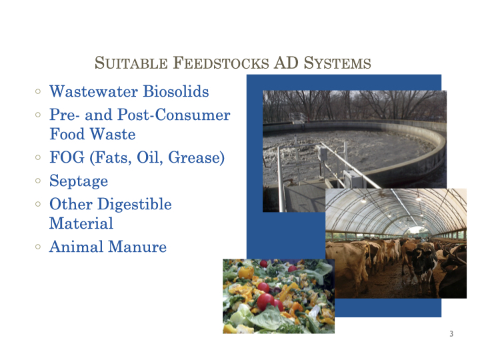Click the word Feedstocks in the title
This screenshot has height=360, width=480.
[x=221, y=63]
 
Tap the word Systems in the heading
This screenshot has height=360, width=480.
[x=337, y=63]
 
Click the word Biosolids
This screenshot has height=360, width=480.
[x=176, y=91]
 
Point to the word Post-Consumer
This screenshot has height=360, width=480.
[x=174, y=115]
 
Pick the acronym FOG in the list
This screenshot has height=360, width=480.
[x=67, y=157]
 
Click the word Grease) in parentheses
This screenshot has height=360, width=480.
[x=196, y=158]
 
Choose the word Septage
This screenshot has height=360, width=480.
[x=79, y=181]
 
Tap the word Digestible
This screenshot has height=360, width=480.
[x=135, y=204]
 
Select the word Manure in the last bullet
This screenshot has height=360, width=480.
[x=137, y=247]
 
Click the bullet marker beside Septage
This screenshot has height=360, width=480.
[x=38, y=181]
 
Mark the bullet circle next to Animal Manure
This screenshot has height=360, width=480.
[x=38, y=247]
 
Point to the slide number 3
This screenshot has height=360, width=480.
[x=451, y=334]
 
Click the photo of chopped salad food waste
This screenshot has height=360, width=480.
[x=279, y=296]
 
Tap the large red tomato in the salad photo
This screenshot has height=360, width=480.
[x=265, y=301]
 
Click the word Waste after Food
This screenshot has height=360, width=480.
[x=113, y=134]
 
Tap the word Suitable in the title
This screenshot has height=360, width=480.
[x=131, y=63]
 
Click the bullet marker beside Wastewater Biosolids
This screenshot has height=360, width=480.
[x=38, y=91]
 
